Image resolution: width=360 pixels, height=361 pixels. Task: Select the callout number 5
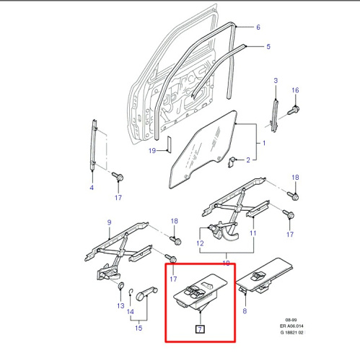(x=268, y=47)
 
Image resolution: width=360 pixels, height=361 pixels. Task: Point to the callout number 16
(x=294, y=90)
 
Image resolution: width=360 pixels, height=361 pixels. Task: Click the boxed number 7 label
(x=200, y=330)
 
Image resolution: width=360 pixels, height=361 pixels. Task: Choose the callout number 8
(x=245, y=312)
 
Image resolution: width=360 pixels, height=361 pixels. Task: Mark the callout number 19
(x=152, y=150)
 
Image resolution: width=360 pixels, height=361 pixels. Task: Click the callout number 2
(x=247, y=160)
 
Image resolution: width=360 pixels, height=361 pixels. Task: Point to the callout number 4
(x=91, y=188)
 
